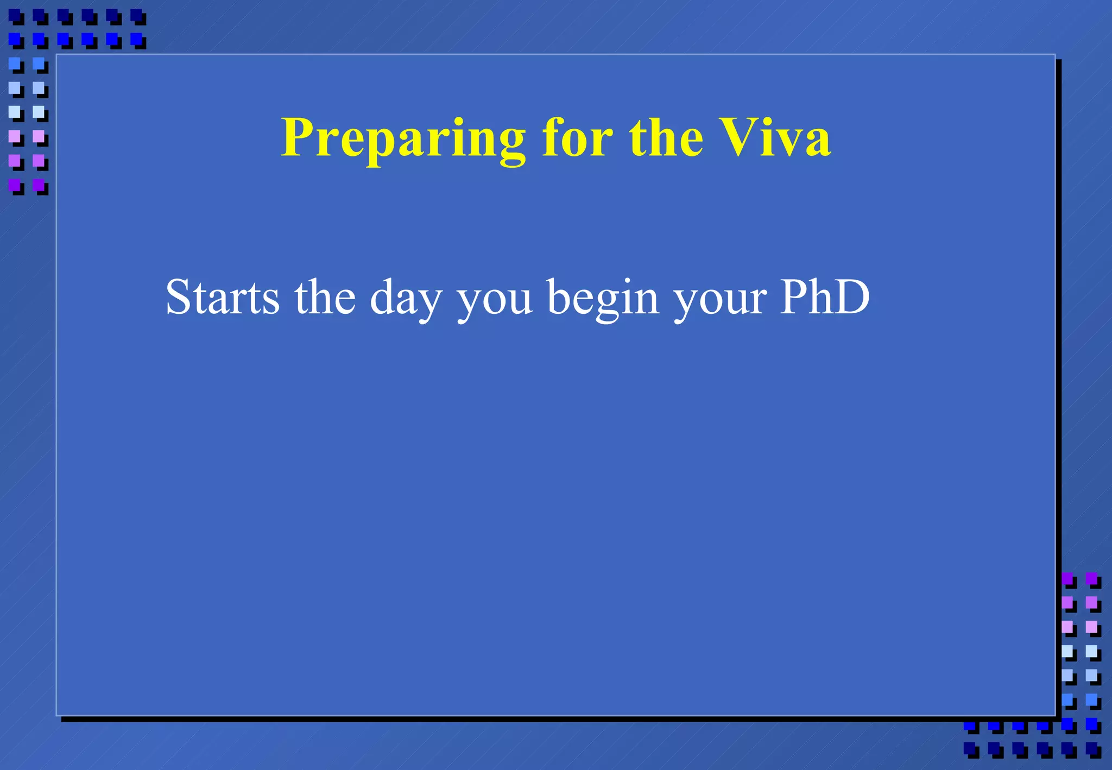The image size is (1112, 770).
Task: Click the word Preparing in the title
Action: click(403, 139)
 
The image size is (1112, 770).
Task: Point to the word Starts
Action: click(223, 298)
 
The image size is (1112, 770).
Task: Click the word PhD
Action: click(825, 298)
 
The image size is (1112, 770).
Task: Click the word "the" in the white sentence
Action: click(325, 298)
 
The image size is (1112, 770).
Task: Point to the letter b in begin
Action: click(559, 298)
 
